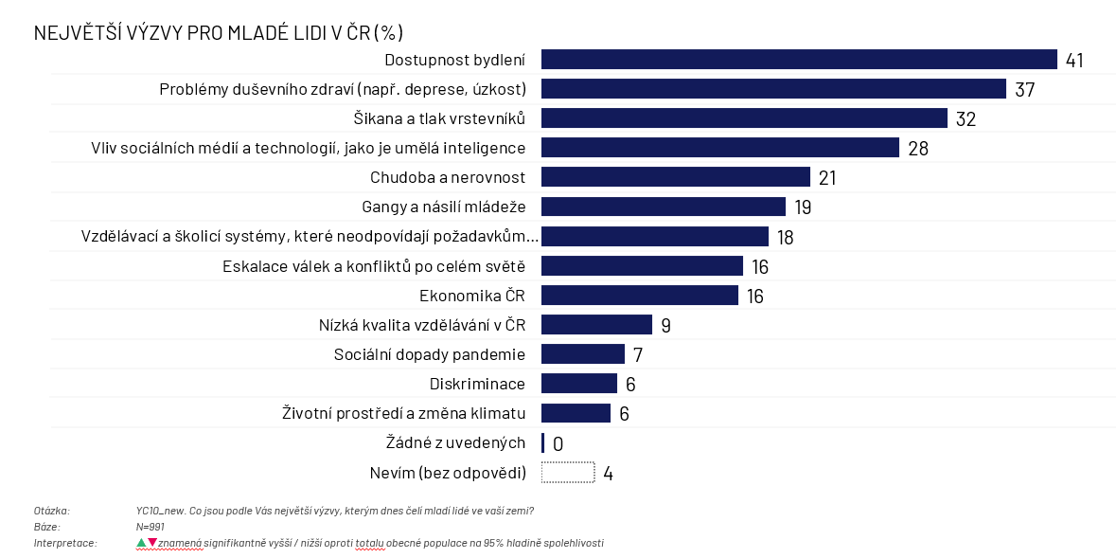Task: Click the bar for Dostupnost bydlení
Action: point(798,60)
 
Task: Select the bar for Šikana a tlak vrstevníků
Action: point(744,118)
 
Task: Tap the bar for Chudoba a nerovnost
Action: point(675,177)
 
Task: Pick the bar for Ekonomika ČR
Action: point(639,296)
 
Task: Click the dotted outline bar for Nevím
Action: point(567,472)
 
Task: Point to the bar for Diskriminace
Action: point(578,384)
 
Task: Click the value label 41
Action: point(1074,61)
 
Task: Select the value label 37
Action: point(1025,90)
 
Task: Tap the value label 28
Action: point(918,149)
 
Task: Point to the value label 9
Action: point(665,326)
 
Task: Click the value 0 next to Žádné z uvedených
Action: point(558,443)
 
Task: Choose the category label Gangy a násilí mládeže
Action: point(443,207)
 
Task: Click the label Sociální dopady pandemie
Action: point(430,354)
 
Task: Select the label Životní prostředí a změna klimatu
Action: point(404,413)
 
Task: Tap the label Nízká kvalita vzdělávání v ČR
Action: point(422,325)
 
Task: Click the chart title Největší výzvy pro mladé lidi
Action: point(219,33)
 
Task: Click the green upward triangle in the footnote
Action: point(141,543)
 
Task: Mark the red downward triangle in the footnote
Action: point(152,543)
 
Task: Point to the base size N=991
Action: point(151,527)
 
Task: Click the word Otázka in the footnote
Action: point(52,511)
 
